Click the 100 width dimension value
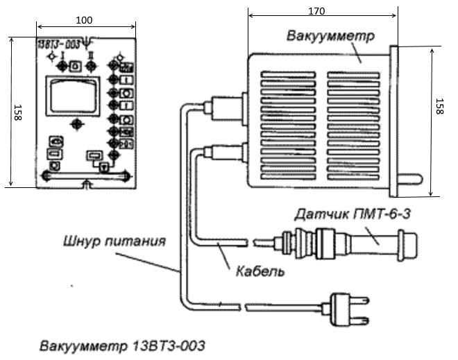[x=83, y=20]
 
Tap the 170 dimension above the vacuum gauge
[x=317, y=11]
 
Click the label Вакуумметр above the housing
[x=336, y=35]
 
